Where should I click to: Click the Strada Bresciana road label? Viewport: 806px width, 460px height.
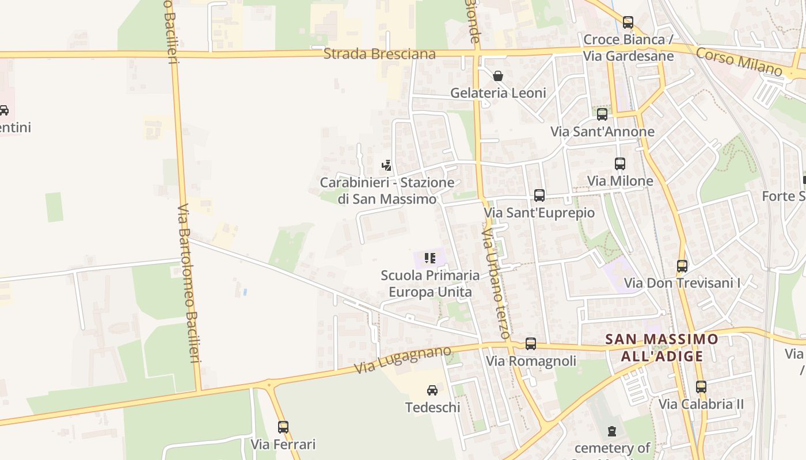[379, 54]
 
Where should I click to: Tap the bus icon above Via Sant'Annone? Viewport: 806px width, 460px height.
[602, 114]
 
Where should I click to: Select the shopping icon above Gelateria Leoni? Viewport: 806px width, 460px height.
[498, 76]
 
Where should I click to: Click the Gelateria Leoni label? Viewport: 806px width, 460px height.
[498, 93]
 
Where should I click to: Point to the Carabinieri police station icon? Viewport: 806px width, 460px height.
[387, 166]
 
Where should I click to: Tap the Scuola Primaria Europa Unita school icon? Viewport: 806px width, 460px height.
[429, 258]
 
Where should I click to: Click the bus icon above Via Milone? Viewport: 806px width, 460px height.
[620, 164]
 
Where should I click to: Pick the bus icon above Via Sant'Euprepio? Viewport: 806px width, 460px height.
[539, 195]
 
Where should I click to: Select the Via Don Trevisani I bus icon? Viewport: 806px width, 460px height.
[682, 266]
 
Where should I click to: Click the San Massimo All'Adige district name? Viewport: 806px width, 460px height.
[662, 347]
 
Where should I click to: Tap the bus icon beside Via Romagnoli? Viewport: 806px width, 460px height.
[531, 344]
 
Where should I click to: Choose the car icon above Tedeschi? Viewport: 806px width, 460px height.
[432, 390]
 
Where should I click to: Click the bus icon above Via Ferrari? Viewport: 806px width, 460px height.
[283, 427]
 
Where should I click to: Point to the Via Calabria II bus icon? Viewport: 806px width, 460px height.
[701, 387]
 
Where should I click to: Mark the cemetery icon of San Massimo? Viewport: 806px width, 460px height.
[612, 431]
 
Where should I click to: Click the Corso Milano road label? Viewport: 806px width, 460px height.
[739, 62]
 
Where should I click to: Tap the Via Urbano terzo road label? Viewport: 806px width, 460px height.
[496, 281]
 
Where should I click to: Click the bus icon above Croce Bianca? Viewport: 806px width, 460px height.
[628, 22]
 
